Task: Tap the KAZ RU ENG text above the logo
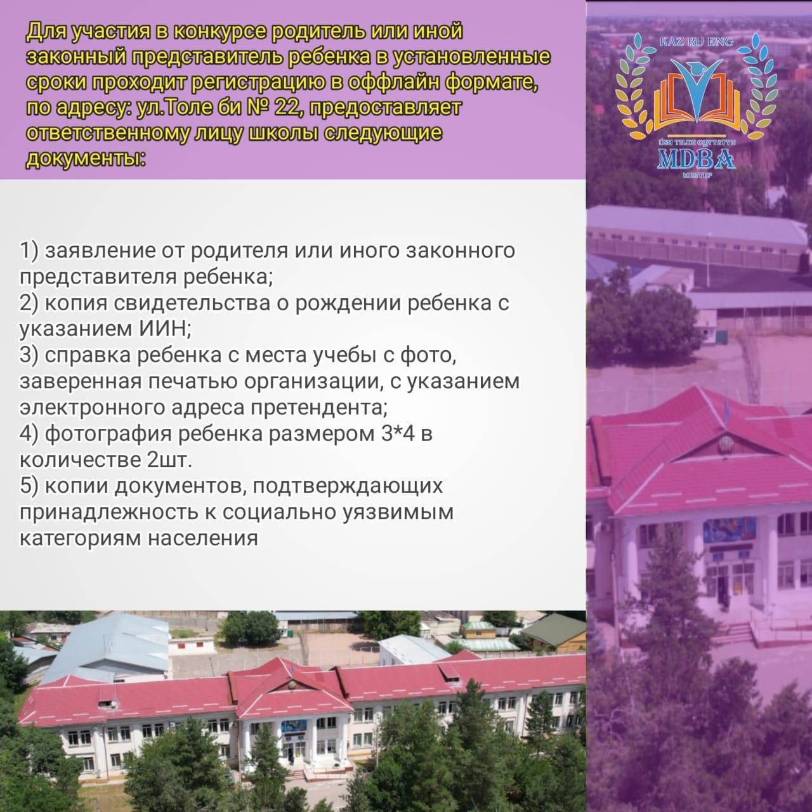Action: pos(697,42)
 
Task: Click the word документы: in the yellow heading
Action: pos(86,160)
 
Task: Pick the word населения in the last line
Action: pos(202,539)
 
